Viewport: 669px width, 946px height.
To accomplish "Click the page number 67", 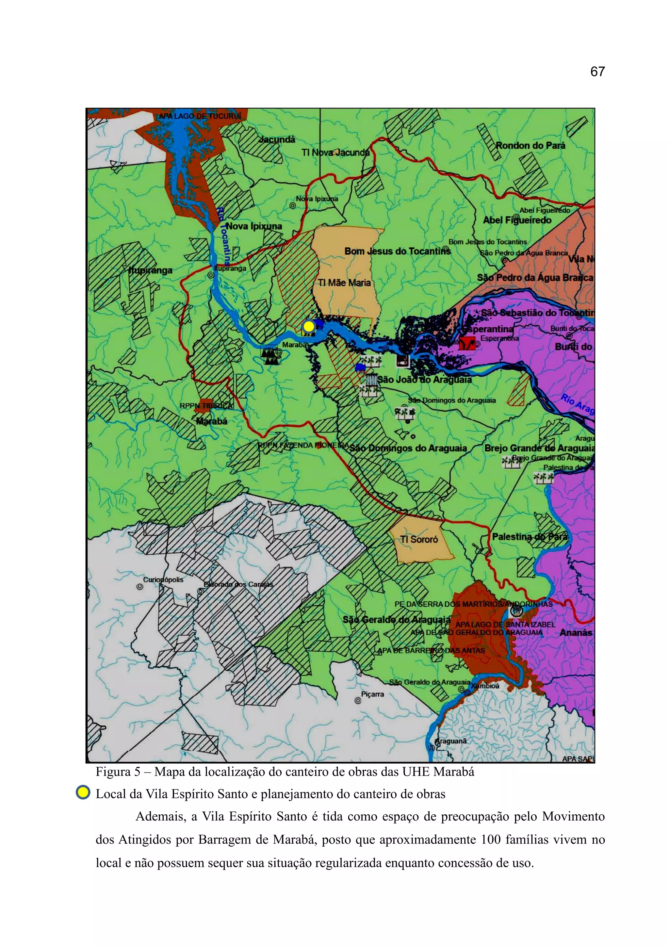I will click(597, 72).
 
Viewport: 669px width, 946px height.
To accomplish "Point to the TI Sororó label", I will click(419, 539).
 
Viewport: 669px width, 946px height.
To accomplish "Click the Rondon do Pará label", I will click(530, 145).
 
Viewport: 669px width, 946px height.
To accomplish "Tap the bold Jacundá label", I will click(277, 140).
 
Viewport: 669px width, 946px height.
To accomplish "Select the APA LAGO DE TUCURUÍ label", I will click(200, 116).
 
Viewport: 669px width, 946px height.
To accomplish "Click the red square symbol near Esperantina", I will click(467, 343).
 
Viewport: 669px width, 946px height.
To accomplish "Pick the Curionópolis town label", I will click(163, 580).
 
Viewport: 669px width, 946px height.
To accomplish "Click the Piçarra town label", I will click(372, 694).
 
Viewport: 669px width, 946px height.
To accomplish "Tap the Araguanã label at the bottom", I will click(451, 741).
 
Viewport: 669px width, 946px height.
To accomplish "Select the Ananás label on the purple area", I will click(576, 632).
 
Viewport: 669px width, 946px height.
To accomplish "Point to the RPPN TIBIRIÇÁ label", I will click(206, 406).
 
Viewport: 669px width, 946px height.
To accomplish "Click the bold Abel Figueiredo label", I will click(517, 220).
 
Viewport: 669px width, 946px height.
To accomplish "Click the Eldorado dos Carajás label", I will click(238, 584).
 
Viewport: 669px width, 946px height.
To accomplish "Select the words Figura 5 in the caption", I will click(118, 771).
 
